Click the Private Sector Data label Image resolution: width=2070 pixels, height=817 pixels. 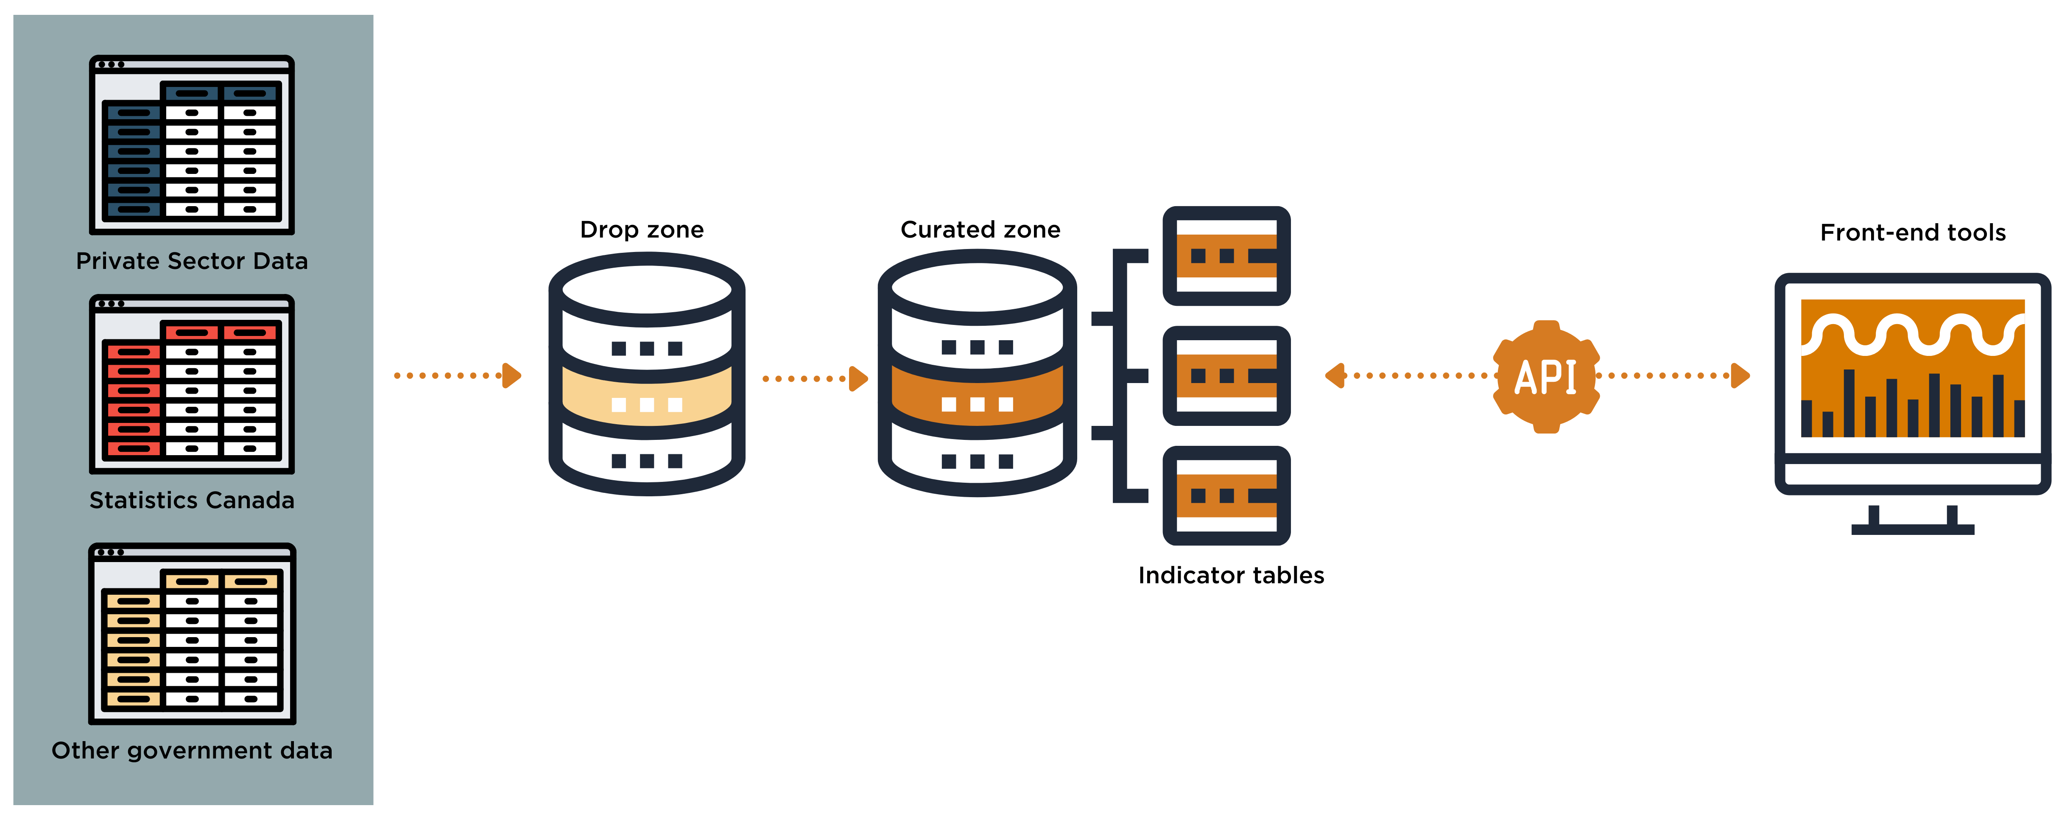(192, 261)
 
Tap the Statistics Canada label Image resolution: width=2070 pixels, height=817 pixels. (192, 500)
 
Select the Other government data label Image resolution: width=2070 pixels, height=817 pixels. (192, 750)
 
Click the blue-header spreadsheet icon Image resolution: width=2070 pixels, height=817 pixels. (192, 145)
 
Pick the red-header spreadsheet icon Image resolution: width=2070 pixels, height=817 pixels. (192, 384)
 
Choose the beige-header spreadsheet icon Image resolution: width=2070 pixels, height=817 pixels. (192, 634)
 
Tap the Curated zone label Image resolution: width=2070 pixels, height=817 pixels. (981, 230)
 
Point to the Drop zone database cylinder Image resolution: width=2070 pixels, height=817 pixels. (647, 374)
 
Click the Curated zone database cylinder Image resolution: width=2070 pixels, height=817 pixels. (977, 373)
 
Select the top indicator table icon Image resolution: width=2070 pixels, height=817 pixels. (1226, 256)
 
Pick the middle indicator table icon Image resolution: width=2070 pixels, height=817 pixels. (1226, 375)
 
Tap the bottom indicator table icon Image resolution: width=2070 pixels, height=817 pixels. (1226, 495)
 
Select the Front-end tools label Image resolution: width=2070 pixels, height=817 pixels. (1913, 233)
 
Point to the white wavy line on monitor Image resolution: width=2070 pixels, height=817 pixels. (1913, 332)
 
